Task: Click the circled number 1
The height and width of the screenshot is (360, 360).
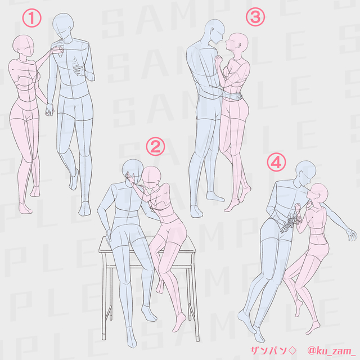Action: point(31,18)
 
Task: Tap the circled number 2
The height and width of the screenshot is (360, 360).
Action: point(155,146)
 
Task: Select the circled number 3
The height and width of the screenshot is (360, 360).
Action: point(255,17)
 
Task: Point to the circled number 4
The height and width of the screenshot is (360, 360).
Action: point(276,162)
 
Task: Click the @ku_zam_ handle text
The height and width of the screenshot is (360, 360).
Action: point(331,350)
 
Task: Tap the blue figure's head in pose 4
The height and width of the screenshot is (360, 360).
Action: point(305,173)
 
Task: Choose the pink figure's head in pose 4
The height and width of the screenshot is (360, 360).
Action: point(319,194)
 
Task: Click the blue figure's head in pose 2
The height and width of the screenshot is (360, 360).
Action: point(132,172)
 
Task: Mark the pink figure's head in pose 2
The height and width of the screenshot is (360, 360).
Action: point(151,178)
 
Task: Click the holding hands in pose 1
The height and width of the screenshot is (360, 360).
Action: point(49,110)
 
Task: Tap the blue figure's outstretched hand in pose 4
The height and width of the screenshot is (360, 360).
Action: point(352,235)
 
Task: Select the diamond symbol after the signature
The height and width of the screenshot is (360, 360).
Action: point(292,350)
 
